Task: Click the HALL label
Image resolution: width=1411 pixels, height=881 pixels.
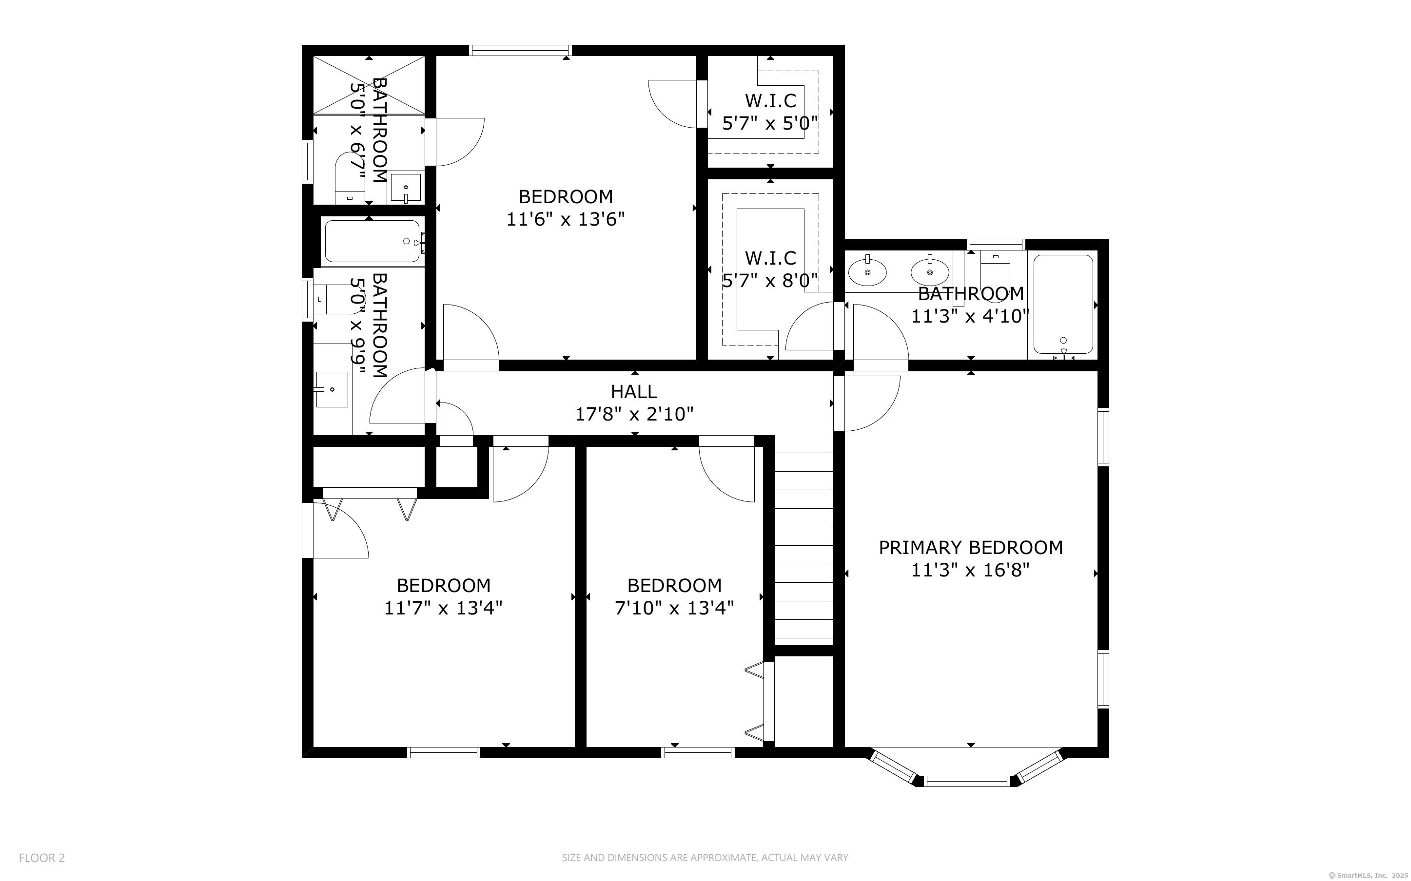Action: click(x=634, y=391)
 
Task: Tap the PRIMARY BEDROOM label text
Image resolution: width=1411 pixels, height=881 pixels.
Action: click(x=970, y=548)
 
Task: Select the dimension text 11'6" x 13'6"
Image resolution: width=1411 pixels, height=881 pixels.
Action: click(x=566, y=220)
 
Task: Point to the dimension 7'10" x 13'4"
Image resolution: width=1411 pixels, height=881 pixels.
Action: click(x=674, y=608)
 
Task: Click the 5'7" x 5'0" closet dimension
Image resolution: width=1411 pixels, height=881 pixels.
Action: click(x=770, y=124)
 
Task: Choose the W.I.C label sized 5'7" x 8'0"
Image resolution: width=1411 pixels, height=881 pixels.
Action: click(x=770, y=258)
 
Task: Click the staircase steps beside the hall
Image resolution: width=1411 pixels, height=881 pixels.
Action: click(x=803, y=548)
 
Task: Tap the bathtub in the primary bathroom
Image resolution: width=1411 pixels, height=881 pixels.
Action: click(x=1063, y=304)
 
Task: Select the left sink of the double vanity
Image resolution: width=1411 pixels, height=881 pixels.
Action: click(x=867, y=272)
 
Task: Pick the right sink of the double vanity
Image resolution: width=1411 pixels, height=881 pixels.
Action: click(x=930, y=272)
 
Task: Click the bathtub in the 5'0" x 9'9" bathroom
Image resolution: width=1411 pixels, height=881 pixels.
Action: click(x=372, y=241)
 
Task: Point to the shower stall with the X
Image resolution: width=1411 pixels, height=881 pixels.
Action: click(x=369, y=85)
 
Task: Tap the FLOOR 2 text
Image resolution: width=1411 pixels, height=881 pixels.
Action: click(x=42, y=858)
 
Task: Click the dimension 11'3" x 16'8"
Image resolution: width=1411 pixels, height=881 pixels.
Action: click(x=970, y=570)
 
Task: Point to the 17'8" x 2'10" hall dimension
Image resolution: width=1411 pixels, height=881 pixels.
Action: click(x=634, y=414)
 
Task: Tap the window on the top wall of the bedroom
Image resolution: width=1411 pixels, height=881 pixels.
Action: click(x=520, y=50)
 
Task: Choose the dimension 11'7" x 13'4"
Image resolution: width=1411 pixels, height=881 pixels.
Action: click(x=443, y=608)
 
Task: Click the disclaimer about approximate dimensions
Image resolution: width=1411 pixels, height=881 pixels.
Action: click(x=705, y=858)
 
